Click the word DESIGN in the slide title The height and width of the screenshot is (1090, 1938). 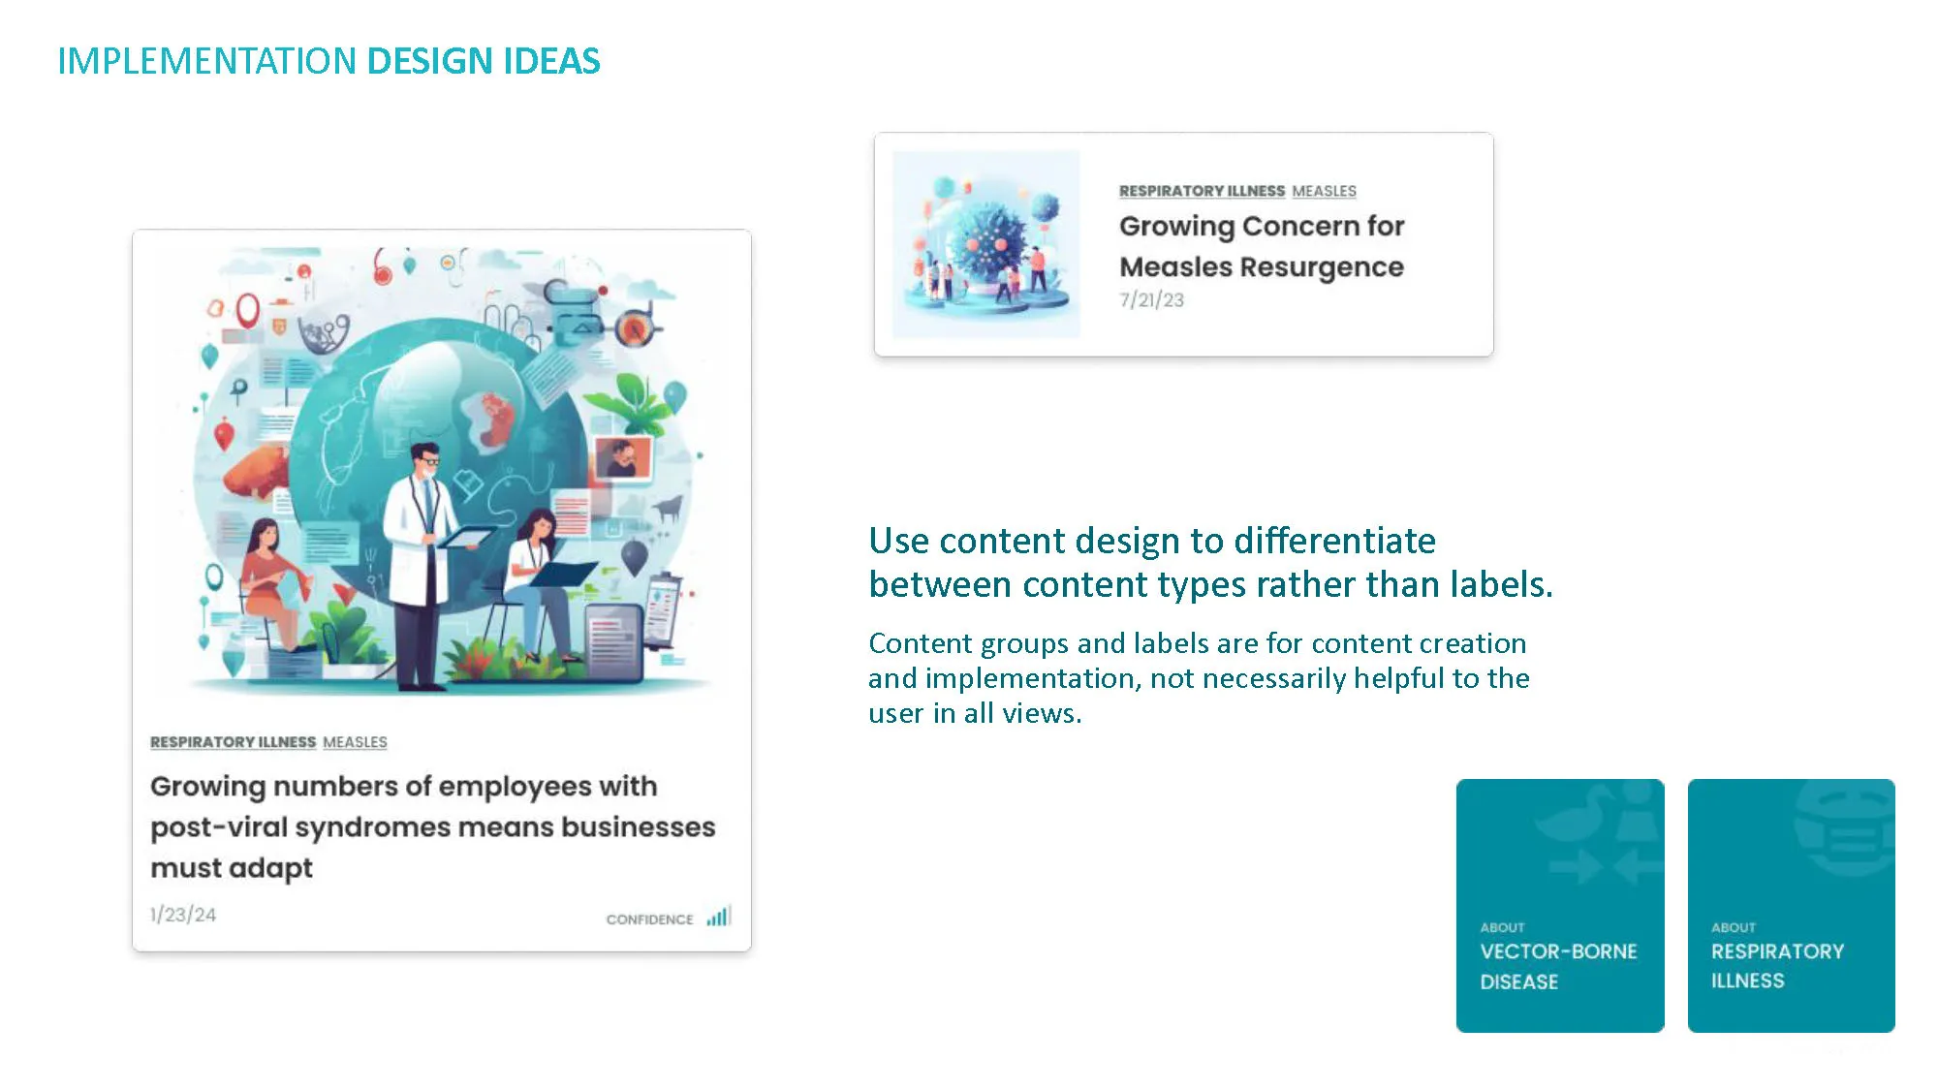tap(430, 61)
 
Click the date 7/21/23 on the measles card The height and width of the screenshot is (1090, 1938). tap(1151, 300)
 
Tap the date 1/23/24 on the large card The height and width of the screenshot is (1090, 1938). tap(183, 915)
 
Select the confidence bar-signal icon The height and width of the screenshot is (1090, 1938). tap(718, 916)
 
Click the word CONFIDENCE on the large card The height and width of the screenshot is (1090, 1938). tap(649, 919)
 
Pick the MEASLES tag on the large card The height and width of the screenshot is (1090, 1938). tap(355, 742)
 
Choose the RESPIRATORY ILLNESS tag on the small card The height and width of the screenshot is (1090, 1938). tap(1202, 191)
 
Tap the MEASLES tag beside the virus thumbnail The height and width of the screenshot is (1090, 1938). tap(1324, 191)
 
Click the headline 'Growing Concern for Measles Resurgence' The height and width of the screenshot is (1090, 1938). tap(1262, 246)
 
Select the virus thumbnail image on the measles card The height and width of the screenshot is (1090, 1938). tap(985, 243)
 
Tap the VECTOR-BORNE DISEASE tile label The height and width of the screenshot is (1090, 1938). tap(1558, 966)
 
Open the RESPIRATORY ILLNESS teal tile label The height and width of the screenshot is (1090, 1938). tap(1777, 966)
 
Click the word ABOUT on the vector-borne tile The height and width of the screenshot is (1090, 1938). tap(1502, 927)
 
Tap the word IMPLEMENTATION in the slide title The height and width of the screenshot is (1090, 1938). tap(207, 61)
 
